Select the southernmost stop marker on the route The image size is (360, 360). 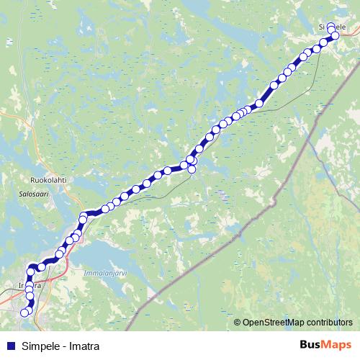coord(24,312)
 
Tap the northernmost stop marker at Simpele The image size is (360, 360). coord(330,27)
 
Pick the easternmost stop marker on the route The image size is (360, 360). coord(335,35)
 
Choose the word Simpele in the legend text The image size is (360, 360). coord(40,346)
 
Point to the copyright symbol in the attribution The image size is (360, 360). coord(238,323)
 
